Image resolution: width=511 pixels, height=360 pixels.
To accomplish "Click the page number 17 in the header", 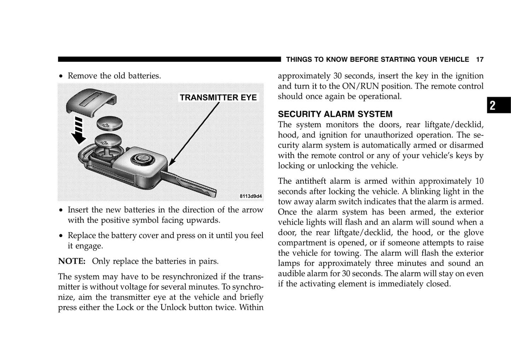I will [x=480, y=60].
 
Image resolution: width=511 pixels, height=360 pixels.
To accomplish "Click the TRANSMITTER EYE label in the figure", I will [x=218, y=98].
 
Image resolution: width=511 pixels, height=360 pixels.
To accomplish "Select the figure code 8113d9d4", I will [x=251, y=196].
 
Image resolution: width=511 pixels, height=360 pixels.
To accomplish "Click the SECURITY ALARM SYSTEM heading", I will [x=335, y=114].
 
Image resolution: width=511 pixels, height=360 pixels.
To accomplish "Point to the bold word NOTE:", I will [x=72, y=261].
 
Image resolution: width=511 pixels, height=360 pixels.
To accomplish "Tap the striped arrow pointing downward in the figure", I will [x=79, y=131].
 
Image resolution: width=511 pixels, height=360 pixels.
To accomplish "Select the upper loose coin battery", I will [x=110, y=124].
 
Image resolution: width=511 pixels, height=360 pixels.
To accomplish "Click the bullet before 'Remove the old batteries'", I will [x=61, y=76].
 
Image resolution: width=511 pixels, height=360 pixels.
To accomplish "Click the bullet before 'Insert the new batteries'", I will [x=61, y=210].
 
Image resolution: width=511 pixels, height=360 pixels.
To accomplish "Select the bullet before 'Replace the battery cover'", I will [x=61, y=236].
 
